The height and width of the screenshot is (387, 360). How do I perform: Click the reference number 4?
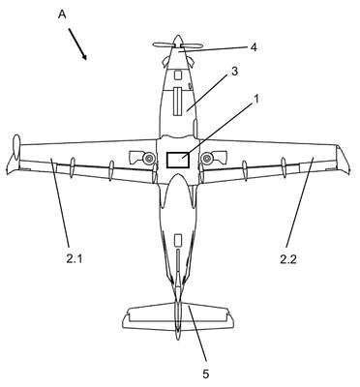point(254,47)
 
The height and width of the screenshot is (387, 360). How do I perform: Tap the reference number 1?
point(256,100)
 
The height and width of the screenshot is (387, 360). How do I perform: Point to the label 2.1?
point(75,258)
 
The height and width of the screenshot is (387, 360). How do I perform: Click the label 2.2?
point(288,259)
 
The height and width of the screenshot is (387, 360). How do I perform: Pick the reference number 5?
point(206,374)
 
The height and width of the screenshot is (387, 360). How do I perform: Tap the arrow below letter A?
point(77,45)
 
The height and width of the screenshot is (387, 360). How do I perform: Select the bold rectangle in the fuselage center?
point(177,160)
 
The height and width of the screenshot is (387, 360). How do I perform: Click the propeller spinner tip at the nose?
point(178,36)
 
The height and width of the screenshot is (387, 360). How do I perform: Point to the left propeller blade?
point(164,45)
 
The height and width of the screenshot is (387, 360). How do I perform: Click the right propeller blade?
point(193,46)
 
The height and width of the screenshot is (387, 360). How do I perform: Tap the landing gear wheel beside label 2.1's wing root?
point(149,158)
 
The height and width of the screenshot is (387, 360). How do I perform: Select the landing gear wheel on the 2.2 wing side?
point(206,158)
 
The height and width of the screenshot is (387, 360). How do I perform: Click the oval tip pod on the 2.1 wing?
point(16,147)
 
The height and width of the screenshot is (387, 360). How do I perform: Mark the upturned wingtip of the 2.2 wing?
point(343,160)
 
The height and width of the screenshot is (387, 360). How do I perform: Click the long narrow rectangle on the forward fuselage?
point(178,101)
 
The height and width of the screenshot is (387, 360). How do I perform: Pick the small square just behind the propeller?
point(177,75)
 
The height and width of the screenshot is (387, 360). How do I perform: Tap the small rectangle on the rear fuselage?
point(178,240)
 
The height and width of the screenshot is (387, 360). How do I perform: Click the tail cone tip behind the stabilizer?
point(178,337)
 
